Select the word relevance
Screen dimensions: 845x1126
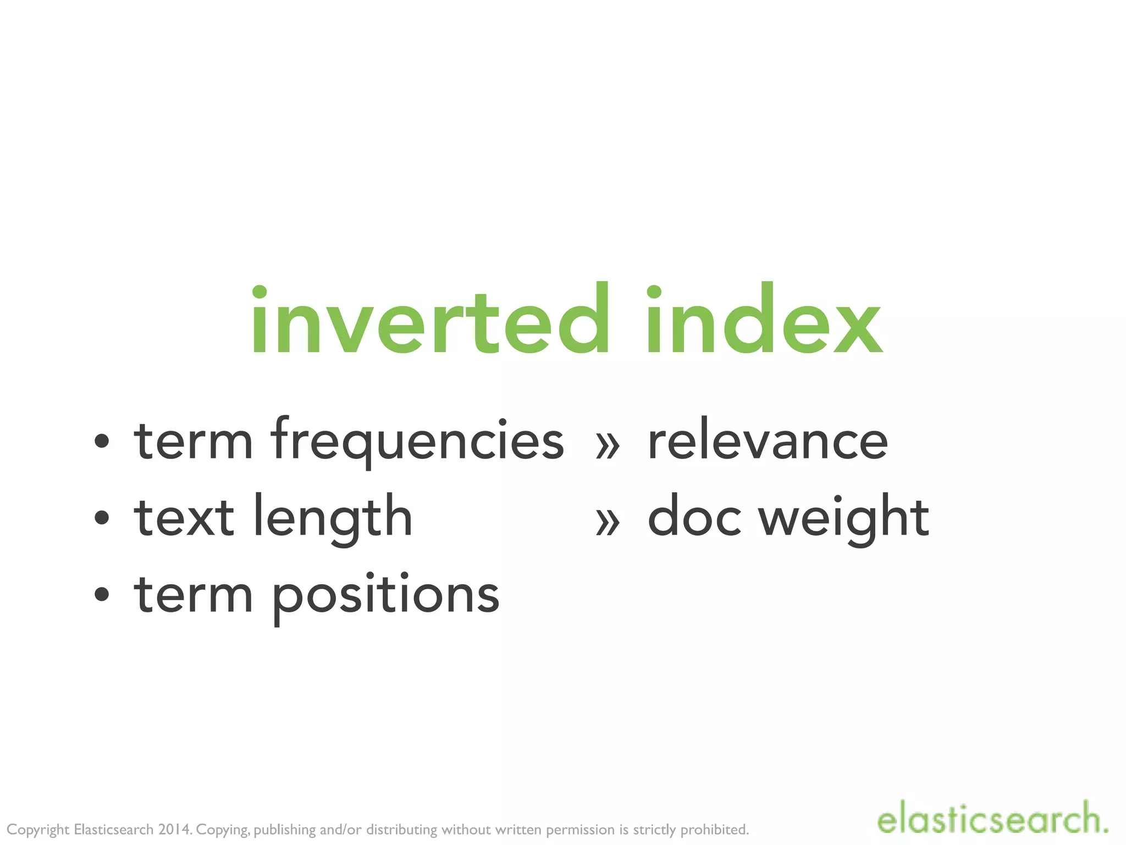(x=768, y=442)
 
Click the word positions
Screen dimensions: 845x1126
(x=385, y=596)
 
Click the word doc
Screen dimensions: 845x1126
(x=694, y=517)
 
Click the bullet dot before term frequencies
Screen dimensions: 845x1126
(x=102, y=441)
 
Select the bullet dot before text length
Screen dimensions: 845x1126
(x=102, y=518)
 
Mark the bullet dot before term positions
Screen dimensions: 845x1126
(x=102, y=594)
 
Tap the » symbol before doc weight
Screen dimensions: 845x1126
(x=608, y=522)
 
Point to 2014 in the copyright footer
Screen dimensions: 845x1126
(x=174, y=829)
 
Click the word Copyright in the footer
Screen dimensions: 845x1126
(x=38, y=830)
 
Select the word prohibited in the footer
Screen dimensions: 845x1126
(x=714, y=830)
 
